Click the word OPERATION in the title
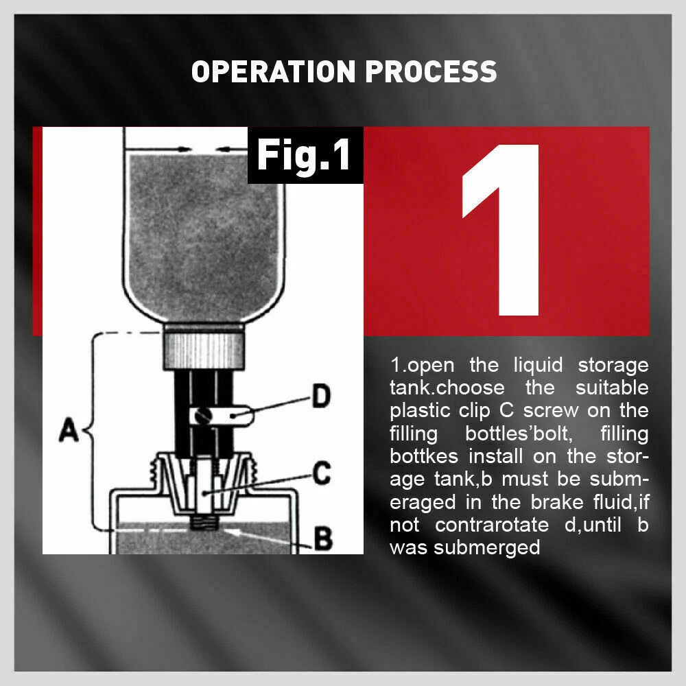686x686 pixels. click(x=273, y=72)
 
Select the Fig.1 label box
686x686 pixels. click(x=305, y=156)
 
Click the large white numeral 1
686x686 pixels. click(x=503, y=229)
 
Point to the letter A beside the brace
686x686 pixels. click(x=69, y=433)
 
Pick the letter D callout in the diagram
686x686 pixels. click(x=320, y=397)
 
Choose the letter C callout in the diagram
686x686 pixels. click(x=321, y=473)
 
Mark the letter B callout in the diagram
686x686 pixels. click(x=323, y=539)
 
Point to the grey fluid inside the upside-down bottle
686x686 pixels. click(x=204, y=226)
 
